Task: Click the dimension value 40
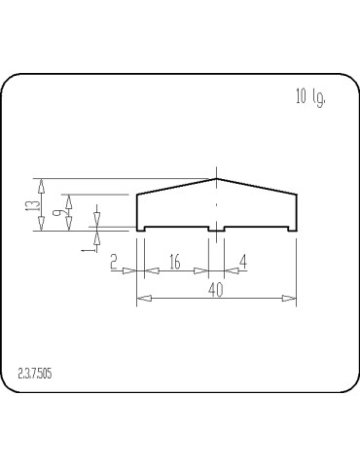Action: [x=215, y=289]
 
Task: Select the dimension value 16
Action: [x=175, y=262]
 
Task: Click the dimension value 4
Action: [x=242, y=262]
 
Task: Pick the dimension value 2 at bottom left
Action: [x=115, y=262]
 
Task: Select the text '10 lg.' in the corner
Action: [x=309, y=96]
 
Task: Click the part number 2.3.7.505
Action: [x=38, y=373]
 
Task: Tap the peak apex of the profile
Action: [x=216, y=178]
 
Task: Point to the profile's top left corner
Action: [x=136, y=195]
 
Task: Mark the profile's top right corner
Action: [x=296, y=195]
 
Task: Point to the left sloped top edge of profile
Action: [x=175, y=186]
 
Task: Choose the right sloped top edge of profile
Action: [x=256, y=186]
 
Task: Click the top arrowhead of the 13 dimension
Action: [x=40, y=183]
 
